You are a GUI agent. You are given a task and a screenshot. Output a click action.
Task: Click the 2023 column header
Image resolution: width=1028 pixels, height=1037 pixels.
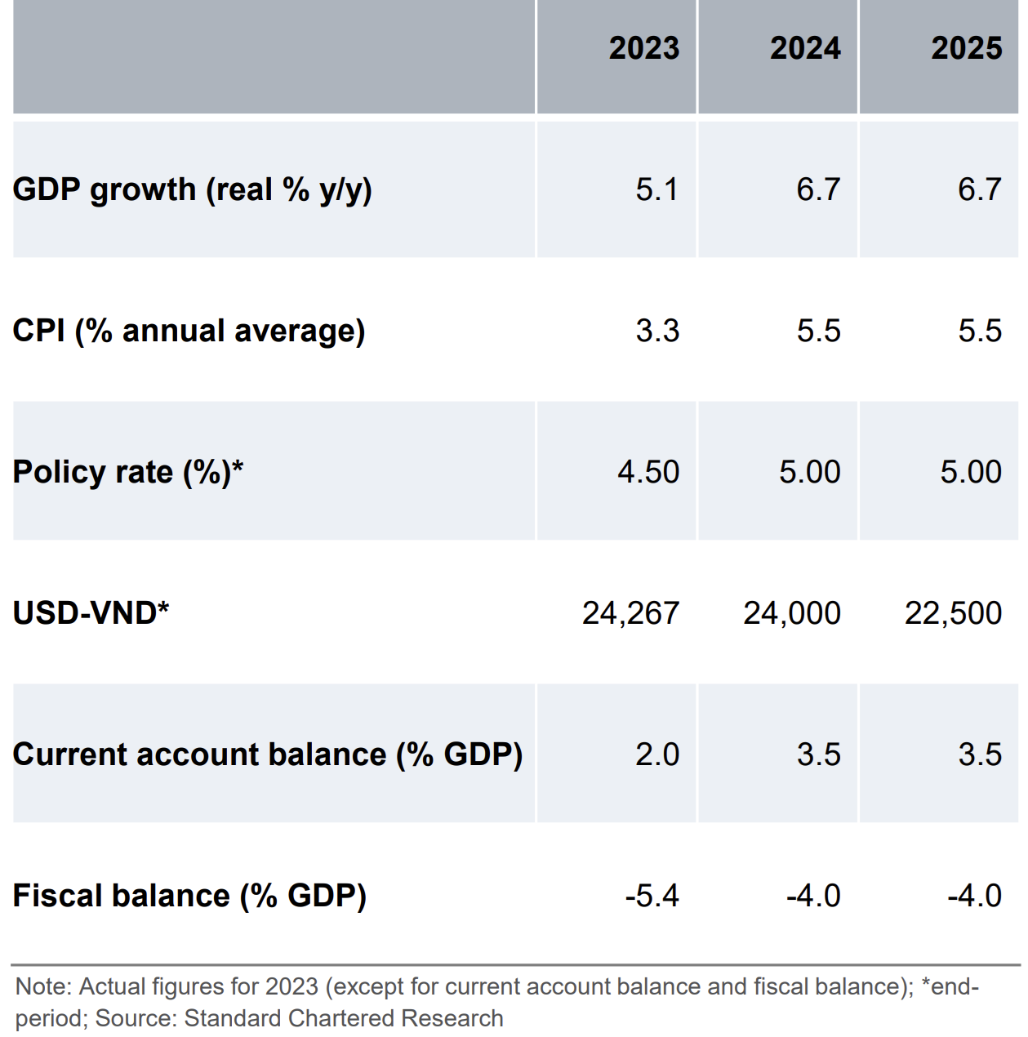tap(643, 48)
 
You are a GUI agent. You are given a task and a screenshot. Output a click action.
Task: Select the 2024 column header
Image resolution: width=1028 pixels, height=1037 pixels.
tap(805, 48)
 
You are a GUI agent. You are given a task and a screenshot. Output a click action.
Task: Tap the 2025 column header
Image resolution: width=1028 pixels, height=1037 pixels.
tap(966, 48)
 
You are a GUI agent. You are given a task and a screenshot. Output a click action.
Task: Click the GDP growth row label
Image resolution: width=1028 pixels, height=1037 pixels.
tap(193, 189)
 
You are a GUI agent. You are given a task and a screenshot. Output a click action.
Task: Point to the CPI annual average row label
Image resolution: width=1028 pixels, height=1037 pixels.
tap(189, 331)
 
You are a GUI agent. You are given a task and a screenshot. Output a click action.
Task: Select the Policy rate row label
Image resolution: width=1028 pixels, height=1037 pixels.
tap(128, 472)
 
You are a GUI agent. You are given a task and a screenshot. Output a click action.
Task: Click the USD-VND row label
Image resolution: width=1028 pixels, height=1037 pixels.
tap(91, 612)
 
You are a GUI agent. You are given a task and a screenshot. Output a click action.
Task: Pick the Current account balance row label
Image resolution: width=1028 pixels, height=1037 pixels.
tap(268, 754)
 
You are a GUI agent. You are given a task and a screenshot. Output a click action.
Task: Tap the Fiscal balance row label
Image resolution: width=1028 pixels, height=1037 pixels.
tap(189, 896)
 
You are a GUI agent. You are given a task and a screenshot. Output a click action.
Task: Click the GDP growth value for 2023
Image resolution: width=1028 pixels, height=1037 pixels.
tap(657, 189)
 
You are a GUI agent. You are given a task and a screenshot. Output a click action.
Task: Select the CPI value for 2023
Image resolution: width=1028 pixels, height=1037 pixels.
tap(657, 331)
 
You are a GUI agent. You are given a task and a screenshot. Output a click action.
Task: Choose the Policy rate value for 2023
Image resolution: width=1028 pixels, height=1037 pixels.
tap(648, 472)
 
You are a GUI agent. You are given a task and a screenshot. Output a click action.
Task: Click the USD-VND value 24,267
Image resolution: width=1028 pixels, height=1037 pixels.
tap(630, 613)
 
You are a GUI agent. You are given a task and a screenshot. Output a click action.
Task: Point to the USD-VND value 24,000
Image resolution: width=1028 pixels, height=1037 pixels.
tap(791, 613)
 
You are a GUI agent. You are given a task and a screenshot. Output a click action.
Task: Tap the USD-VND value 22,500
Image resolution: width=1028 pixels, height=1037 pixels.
tap(953, 613)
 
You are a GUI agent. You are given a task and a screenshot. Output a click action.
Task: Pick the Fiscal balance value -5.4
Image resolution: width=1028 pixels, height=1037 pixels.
tap(652, 896)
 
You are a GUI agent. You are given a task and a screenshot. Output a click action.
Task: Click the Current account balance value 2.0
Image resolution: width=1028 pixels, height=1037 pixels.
tap(657, 754)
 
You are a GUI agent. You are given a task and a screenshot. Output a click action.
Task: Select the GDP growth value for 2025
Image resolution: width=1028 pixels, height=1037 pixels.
tap(979, 189)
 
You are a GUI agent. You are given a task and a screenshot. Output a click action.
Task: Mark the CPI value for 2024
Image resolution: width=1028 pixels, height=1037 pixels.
tap(818, 331)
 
